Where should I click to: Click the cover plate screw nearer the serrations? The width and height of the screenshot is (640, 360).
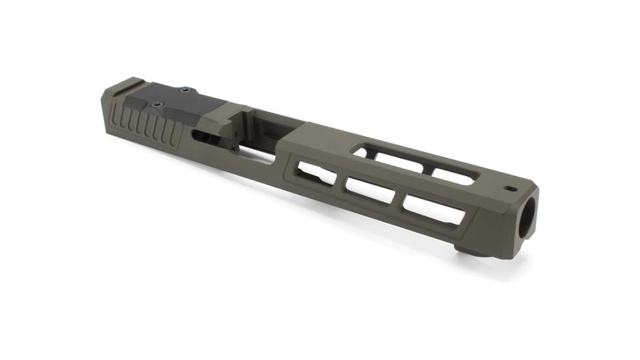click(156, 104)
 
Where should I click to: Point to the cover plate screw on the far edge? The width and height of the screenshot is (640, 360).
click(185, 90)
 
